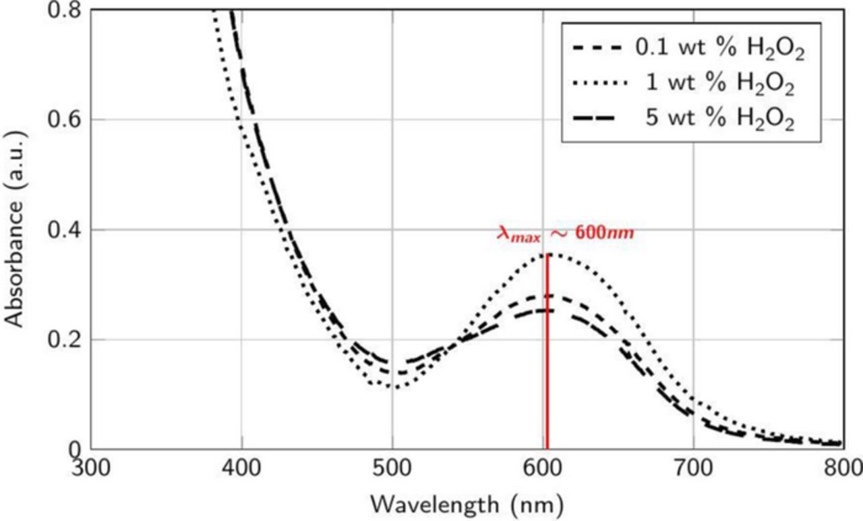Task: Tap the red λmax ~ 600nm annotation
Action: (x=566, y=234)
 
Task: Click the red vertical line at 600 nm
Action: (x=547, y=351)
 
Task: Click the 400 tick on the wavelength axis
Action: (x=241, y=467)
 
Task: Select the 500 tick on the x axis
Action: (x=392, y=467)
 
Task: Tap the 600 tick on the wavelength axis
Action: (x=542, y=467)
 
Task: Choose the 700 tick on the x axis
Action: (x=692, y=467)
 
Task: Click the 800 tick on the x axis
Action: (x=842, y=467)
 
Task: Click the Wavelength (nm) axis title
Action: (x=466, y=504)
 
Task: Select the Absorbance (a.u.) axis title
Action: (x=15, y=229)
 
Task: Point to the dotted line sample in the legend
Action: (x=598, y=86)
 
